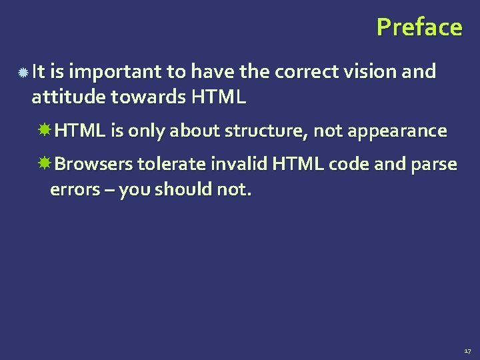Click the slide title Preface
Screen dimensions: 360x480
[x=419, y=27]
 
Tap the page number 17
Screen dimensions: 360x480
[x=467, y=350]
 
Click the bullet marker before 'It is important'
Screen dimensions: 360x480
[x=23, y=71]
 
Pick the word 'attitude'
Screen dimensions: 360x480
[x=68, y=98]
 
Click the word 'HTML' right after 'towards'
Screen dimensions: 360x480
[x=219, y=98]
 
